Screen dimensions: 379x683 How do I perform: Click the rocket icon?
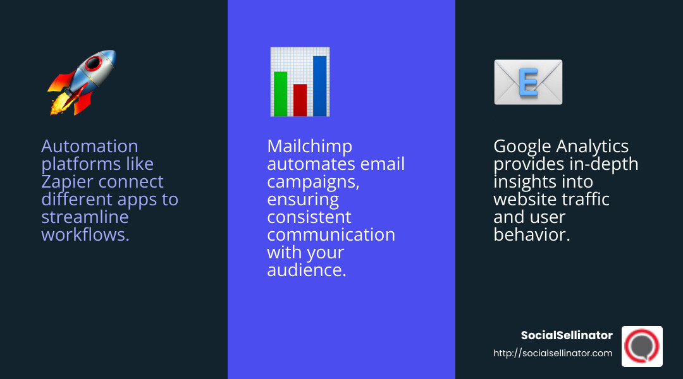[83, 82]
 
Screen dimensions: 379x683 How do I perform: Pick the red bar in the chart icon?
[300, 100]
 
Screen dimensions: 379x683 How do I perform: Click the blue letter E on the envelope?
[527, 83]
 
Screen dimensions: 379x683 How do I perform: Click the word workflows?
[85, 235]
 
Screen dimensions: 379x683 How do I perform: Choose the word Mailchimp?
[309, 147]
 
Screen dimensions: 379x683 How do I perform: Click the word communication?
[331, 235]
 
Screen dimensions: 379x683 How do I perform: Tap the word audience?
[305, 270]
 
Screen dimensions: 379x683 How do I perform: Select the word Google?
[522, 147]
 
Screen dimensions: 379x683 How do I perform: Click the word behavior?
[531, 235]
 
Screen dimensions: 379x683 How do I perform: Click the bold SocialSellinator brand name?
[567, 335]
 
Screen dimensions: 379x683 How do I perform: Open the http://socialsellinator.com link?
[553, 353]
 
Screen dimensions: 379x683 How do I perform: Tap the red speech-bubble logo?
[642, 346]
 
